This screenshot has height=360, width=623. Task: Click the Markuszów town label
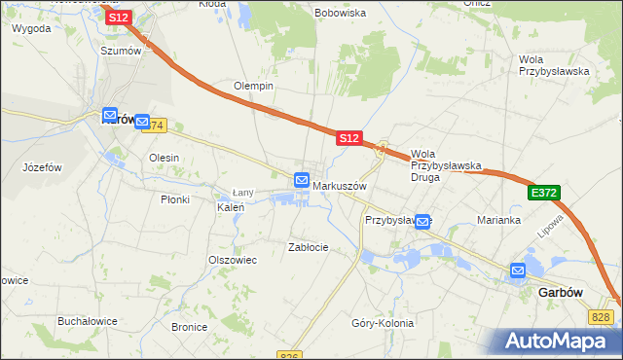[x=339, y=185]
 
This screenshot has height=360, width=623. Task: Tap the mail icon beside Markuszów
[x=302, y=181]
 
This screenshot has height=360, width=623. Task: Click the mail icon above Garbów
[x=518, y=270]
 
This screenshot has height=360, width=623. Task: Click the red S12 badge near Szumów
[x=118, y=18]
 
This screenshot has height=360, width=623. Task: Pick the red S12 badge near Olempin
[x=349, y=139]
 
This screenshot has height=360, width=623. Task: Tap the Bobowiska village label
[x=340, y=13]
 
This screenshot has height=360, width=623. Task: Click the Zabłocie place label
[x=309, y=247]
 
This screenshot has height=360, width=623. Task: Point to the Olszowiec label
[x=233, y=260]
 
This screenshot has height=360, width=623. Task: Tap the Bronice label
[x=190, y=327]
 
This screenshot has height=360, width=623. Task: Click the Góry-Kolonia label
[x=383, y=323]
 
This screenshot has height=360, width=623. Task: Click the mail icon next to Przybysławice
[x=422, y=222]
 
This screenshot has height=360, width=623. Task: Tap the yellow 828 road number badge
[x=601, y=317]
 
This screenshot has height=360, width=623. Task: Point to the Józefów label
[x=42, y=167]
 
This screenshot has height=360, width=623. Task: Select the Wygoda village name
[x=31, y=28]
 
